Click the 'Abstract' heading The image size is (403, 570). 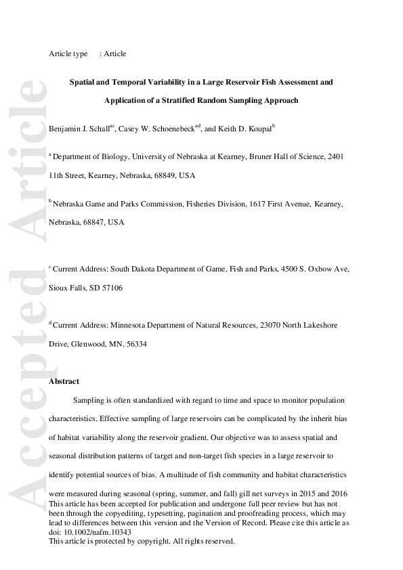[x=64, y=381]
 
